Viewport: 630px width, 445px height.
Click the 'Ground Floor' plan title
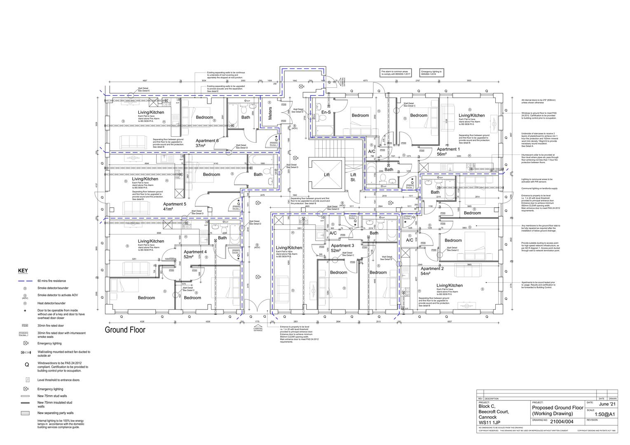pos(125,330)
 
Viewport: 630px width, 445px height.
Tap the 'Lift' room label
pos(327,175)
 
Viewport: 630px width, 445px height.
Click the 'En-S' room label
pos(326,112)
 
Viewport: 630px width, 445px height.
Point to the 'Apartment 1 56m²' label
pos(448,152)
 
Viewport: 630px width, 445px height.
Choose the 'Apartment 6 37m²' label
pos(207,143)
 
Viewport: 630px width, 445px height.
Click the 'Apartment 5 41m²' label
pos(174,206)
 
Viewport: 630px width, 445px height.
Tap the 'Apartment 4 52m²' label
pos(195,254)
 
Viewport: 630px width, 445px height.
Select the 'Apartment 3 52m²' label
pos(342,248)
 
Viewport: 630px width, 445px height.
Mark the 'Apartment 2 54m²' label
pos(432,271)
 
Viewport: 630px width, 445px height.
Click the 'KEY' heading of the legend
pos(23,271)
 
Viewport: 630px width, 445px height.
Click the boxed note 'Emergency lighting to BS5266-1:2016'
pos(431,73)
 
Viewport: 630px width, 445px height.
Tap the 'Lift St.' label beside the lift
pos(353,177)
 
